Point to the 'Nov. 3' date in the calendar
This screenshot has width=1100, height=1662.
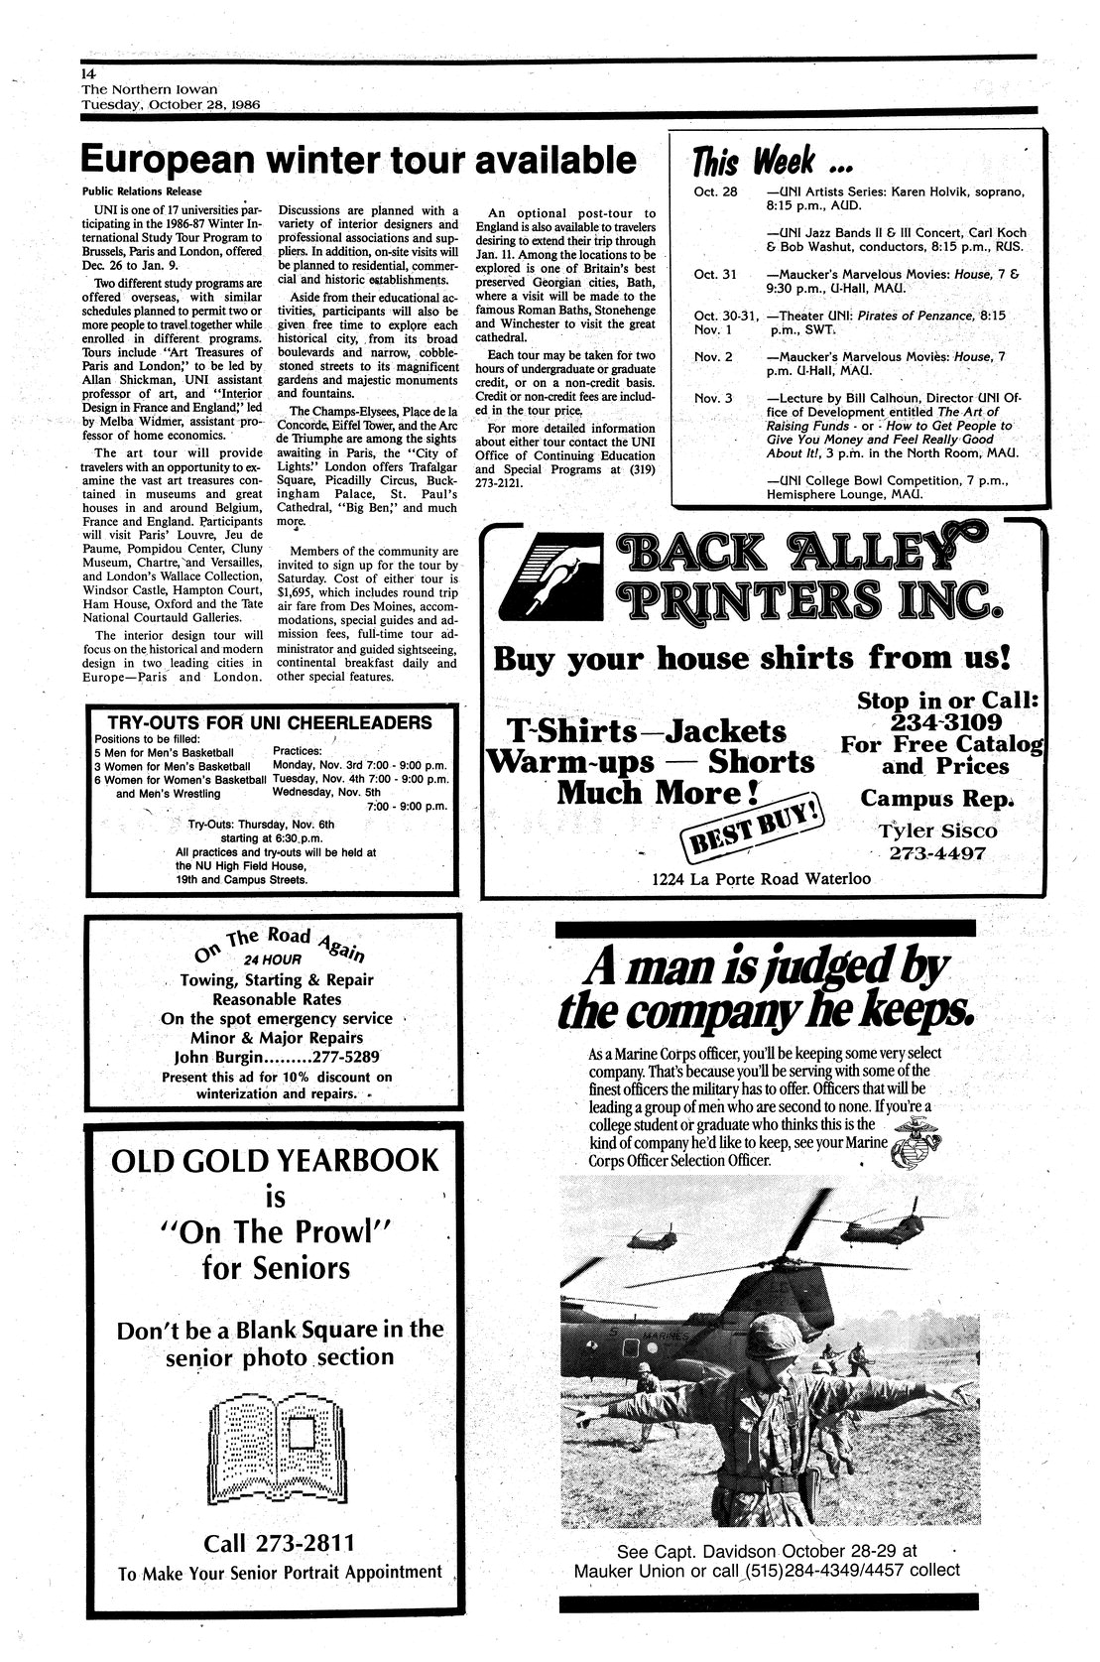point(712,398)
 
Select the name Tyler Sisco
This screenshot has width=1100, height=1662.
point(937,831)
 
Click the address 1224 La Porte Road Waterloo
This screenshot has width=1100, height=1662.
point(761,879)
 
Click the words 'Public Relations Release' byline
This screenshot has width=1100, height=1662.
point(141,191)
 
